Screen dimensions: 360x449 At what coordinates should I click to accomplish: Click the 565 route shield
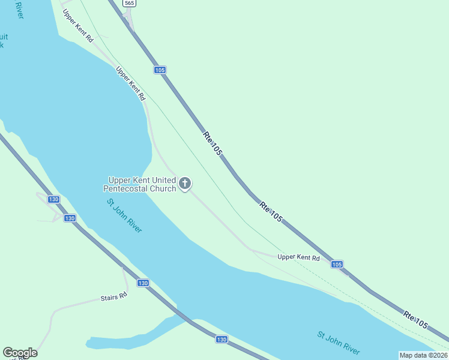129,3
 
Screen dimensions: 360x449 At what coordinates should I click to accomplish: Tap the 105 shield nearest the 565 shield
159,70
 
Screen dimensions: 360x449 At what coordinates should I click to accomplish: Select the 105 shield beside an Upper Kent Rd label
337,264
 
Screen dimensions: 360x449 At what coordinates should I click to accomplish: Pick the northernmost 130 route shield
53,199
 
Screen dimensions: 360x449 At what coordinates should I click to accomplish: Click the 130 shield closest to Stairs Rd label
142,283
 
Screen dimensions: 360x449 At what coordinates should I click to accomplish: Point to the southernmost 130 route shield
221,340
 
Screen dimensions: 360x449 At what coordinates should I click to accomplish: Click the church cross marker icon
185,184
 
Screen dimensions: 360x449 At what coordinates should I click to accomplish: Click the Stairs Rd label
113,296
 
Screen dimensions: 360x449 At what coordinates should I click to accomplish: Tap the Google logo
20,353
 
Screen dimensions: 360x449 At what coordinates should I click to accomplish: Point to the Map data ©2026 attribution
423,355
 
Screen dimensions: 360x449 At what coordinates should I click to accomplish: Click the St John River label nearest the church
124,216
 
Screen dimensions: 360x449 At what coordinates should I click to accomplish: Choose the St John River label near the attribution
339,343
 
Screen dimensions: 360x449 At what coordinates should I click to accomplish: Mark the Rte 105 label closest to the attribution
415,320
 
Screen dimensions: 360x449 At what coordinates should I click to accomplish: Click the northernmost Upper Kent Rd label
78,25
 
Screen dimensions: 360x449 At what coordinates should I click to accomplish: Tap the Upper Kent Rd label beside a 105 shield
298,257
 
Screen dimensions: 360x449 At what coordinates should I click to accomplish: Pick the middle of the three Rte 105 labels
271,212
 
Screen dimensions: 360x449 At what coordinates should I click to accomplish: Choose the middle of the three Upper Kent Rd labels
131,83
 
